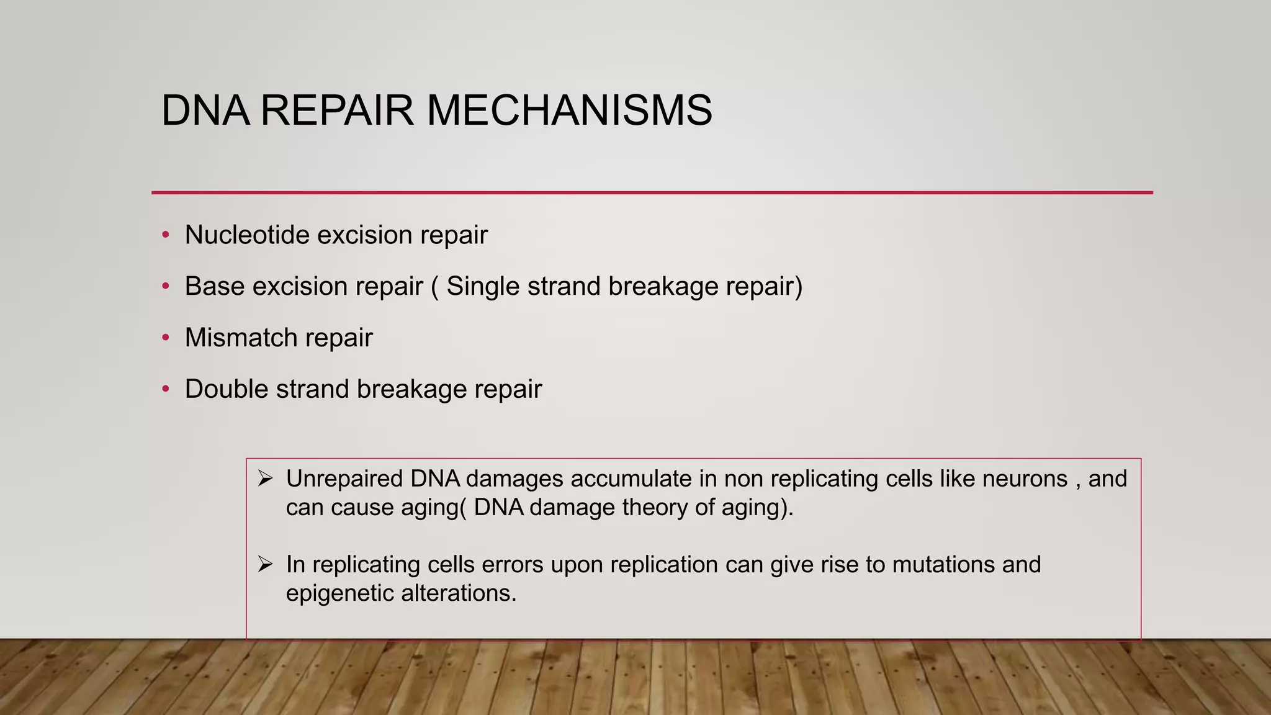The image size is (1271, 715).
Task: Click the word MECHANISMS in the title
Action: pos(569,111)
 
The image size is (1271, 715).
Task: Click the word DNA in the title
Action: pos(205,111)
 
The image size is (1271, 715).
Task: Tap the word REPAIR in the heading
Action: pos(337,111)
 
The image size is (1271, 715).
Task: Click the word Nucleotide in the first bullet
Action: pos(247,235)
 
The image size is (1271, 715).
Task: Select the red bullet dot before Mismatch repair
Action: pos(165,338)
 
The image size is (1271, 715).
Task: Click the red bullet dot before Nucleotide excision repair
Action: pos(165,235)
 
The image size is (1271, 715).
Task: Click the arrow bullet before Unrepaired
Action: pos(266,479)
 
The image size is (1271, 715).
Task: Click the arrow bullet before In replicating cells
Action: pos(266,564)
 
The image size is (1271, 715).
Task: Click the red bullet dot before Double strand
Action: pos(165,389)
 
